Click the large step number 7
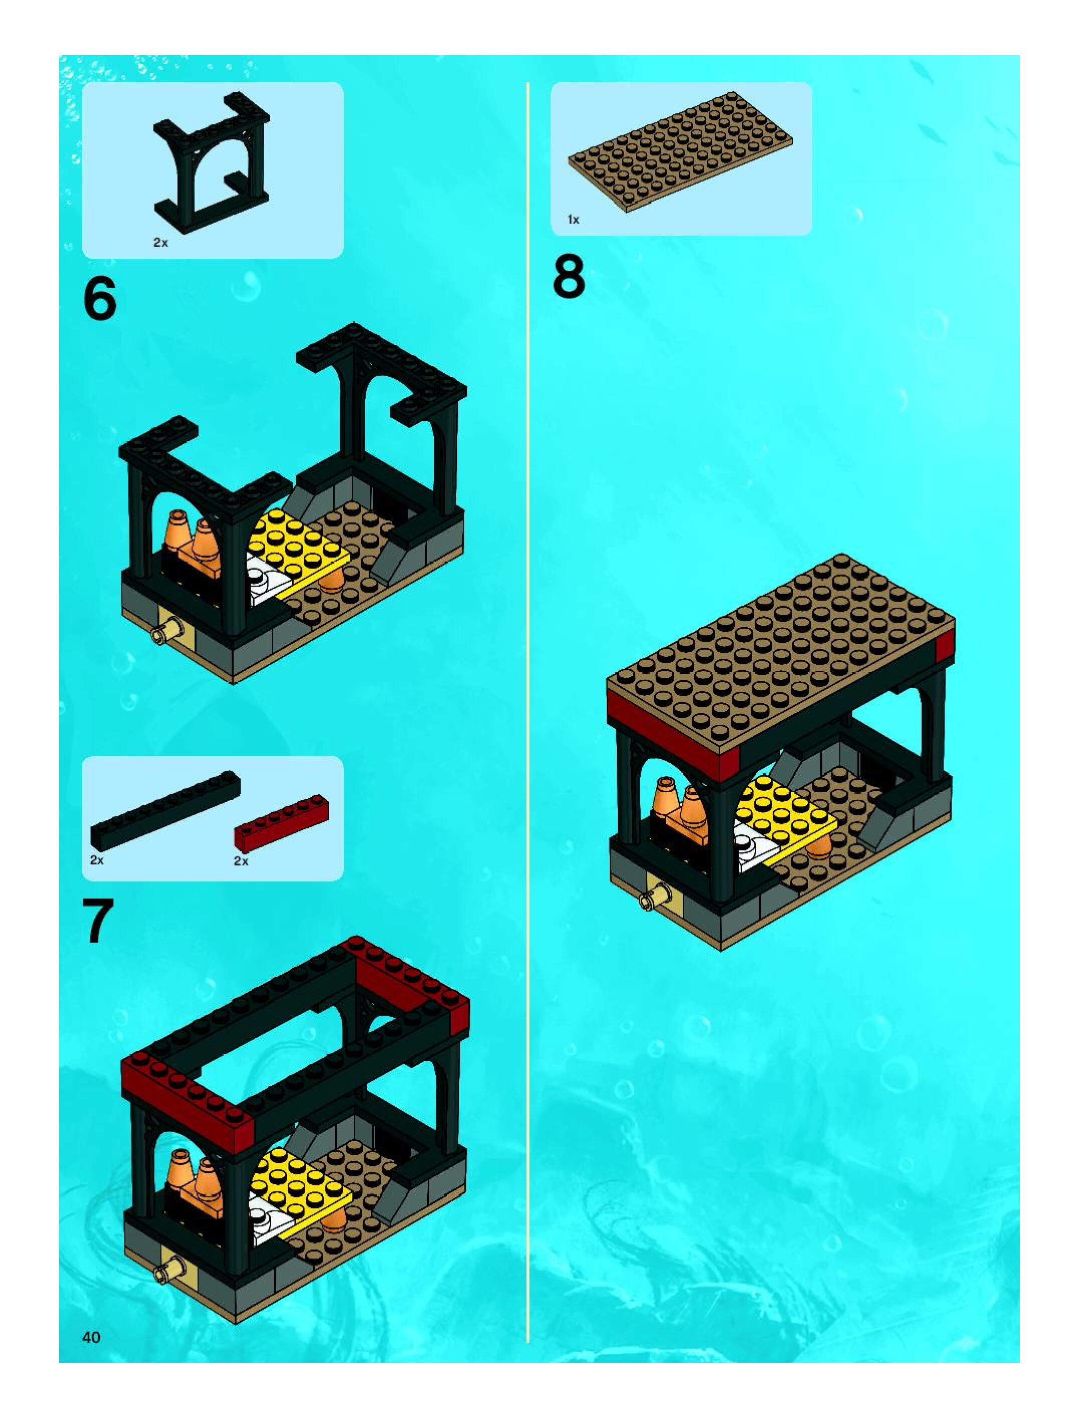click(99, 922)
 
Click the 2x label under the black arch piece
click(160, 243)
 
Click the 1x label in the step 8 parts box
click(573, 220)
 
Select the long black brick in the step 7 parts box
click(165, 808)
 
